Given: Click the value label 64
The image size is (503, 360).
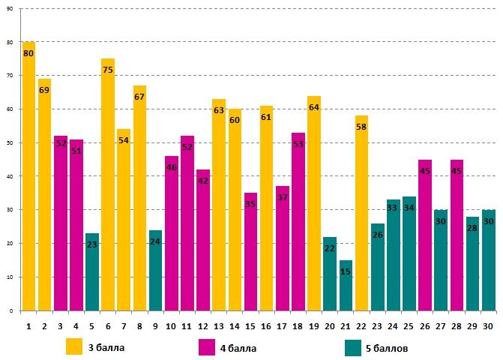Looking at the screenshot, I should [314, 107].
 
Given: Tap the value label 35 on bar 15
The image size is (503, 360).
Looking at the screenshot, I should [250, 204].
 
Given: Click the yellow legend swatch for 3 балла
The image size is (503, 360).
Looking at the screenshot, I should [74, 347].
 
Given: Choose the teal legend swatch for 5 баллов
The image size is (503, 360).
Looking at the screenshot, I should [354, 347].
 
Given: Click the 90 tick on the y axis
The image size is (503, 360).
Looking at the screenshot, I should [10, 9].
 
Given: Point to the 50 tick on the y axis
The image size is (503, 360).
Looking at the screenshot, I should [10, 143].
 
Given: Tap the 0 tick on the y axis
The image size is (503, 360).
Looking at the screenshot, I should [11, 310].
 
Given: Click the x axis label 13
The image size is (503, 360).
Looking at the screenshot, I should [219, 326].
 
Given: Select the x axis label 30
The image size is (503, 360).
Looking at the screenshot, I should [487, 326].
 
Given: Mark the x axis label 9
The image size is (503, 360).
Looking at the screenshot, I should [155, 326].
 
